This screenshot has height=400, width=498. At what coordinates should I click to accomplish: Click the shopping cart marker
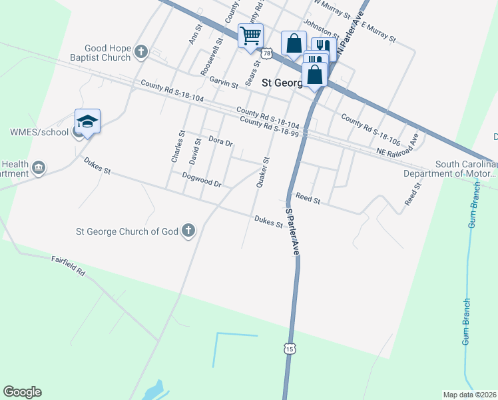250,36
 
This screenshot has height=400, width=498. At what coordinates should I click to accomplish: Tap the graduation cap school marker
87,121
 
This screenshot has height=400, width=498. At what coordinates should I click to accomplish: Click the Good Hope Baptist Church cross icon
140,51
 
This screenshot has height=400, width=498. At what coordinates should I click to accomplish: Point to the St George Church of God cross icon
188,231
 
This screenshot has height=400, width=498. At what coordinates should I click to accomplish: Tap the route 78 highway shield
267,53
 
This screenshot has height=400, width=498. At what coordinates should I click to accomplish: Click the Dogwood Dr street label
201,179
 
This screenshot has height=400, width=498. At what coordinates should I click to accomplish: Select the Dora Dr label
220,141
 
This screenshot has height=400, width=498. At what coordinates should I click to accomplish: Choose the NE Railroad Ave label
399,153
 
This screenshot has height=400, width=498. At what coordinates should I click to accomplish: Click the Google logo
22,392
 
